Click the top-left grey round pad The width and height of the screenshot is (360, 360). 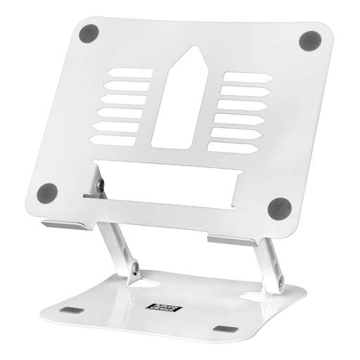click(89, 32)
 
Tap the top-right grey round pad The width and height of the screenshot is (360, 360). click(309, 40)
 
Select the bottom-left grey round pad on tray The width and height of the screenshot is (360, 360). click(47, 191)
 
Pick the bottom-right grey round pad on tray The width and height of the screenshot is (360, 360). click(279, 208)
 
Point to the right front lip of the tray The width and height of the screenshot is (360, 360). click(231, 240)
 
